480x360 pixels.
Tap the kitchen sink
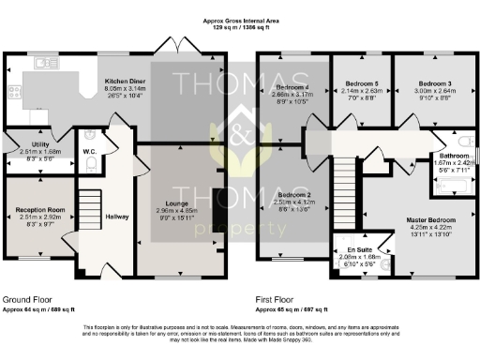[43, 63]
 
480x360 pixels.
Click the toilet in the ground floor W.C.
[91, 164]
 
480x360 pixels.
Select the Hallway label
[117, 217]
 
